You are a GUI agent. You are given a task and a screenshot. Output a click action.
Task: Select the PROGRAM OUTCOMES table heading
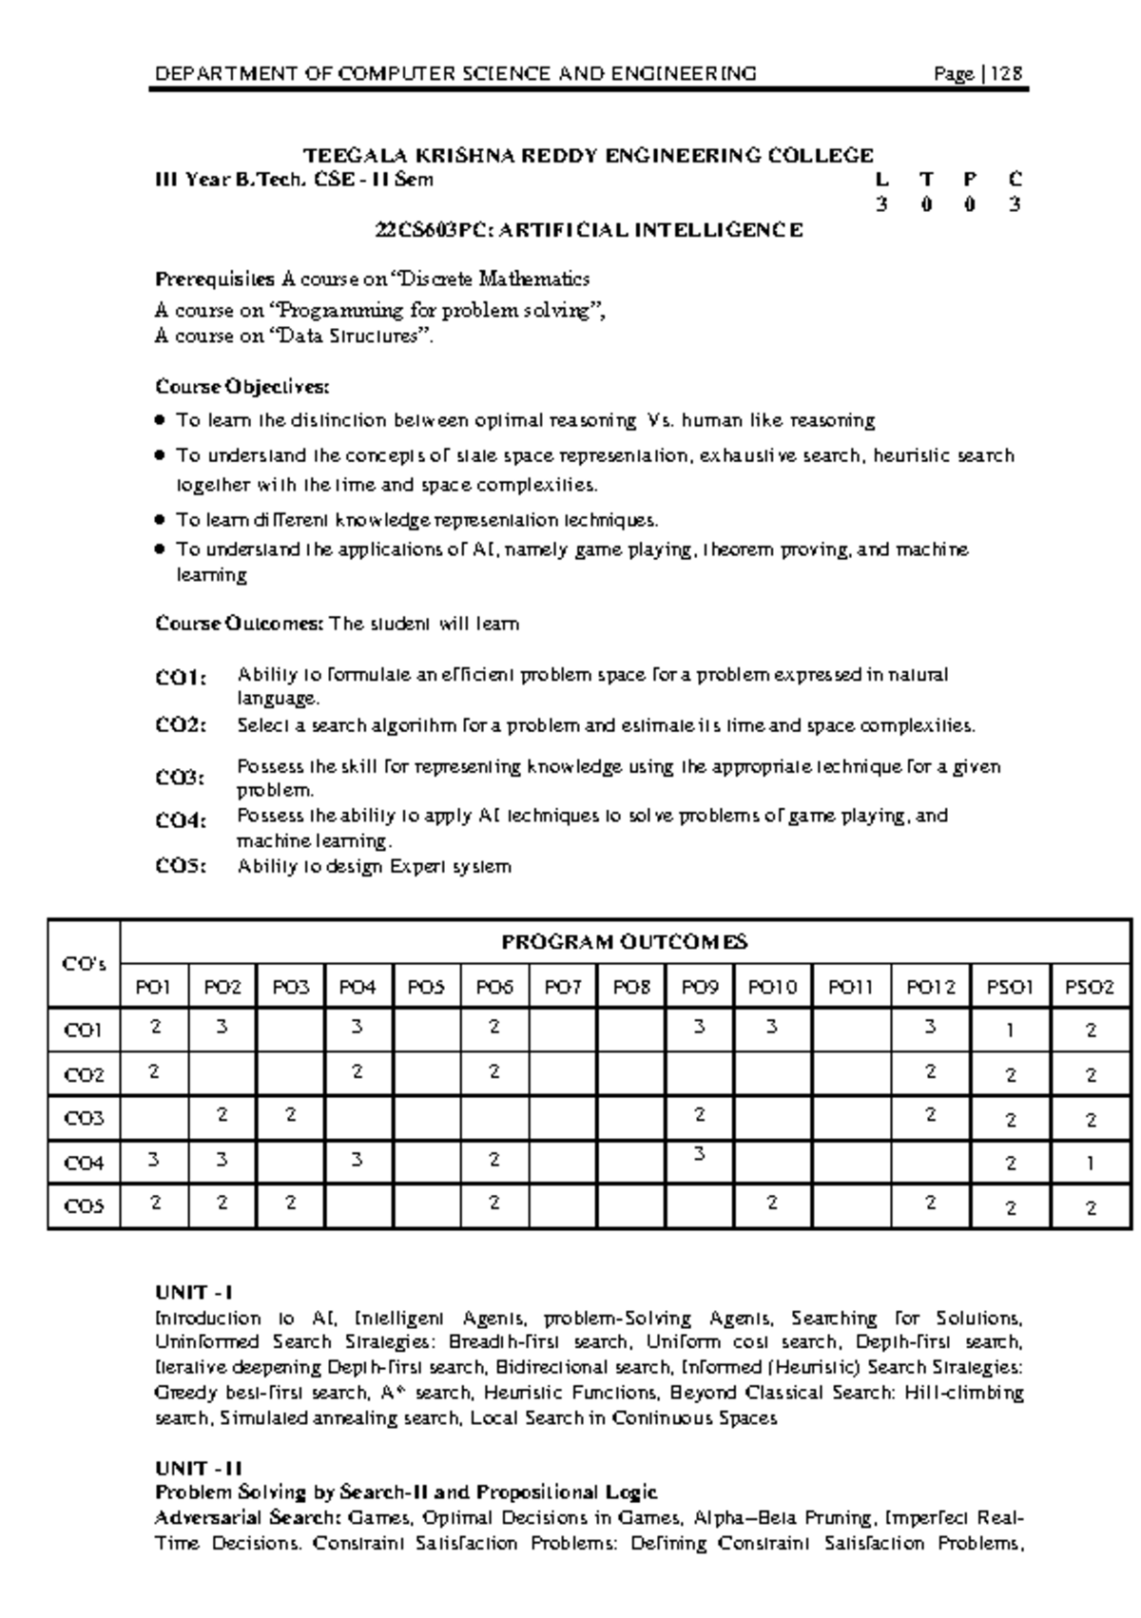pos(625,942)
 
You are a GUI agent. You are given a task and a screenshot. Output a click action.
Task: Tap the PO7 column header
pos(563,988)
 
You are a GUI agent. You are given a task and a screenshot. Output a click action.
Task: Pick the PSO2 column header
pos(1090,988)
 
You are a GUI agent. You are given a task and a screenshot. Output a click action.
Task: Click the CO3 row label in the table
pos(84,1119)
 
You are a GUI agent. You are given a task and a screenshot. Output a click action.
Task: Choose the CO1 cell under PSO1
pos(1011,1030)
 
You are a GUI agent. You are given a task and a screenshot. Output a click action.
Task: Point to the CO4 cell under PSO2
pos(1091,1162)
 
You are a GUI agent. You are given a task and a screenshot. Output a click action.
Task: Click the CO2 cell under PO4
pos(358,1072)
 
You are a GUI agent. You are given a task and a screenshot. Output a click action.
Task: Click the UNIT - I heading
pos(194,1292)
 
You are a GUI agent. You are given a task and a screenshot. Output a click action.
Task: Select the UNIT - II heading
pos(198,1468)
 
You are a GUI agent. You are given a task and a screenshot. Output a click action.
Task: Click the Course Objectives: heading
pos(242,387)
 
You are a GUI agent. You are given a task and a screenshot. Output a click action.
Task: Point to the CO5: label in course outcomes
pos(181,866)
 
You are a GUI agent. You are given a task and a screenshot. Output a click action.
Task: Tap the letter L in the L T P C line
pos(882,179)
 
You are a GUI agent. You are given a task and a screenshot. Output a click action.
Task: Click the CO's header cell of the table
pos(84,964)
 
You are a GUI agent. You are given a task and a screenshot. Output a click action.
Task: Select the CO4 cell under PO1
pos(154,1160)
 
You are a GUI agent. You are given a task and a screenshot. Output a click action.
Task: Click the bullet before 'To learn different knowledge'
pos(160,520)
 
